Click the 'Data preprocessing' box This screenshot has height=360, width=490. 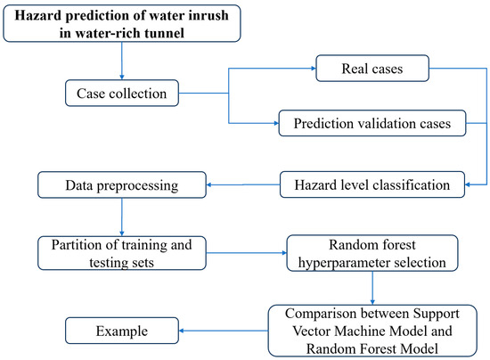[120, 185]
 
